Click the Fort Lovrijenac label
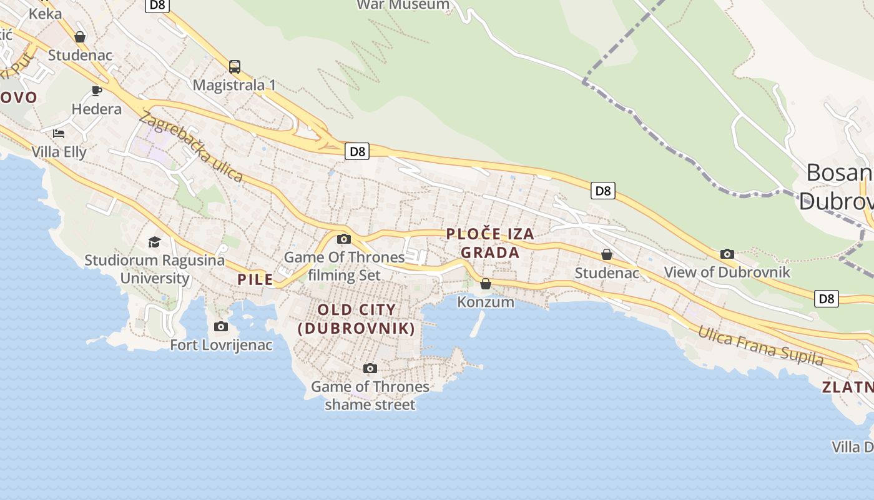[x=221, y=344]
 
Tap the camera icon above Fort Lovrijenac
[x=221, y=326]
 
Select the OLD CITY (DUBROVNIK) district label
[x=356, y=319]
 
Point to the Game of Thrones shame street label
[x=370, y=396]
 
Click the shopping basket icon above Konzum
[x=486, y=284]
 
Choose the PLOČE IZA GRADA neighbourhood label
[x=490, y=243]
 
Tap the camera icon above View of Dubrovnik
[x=727, y=254]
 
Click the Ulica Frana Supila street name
[x=760, y=346]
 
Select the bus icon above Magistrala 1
[x=235, y=67]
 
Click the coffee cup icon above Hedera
[x=97, y=91]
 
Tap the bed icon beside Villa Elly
[x=59, y=133]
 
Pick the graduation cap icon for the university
[x=154, y=242]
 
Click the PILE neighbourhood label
[x=255, y=279]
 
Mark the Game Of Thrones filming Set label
[x=345, y=266]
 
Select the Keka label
[x=45, y=13]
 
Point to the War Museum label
[x=403, y=5]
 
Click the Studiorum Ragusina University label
[x=154, y=269]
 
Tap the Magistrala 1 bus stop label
[x=234, y=85]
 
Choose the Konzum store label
[x=486, y=302]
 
